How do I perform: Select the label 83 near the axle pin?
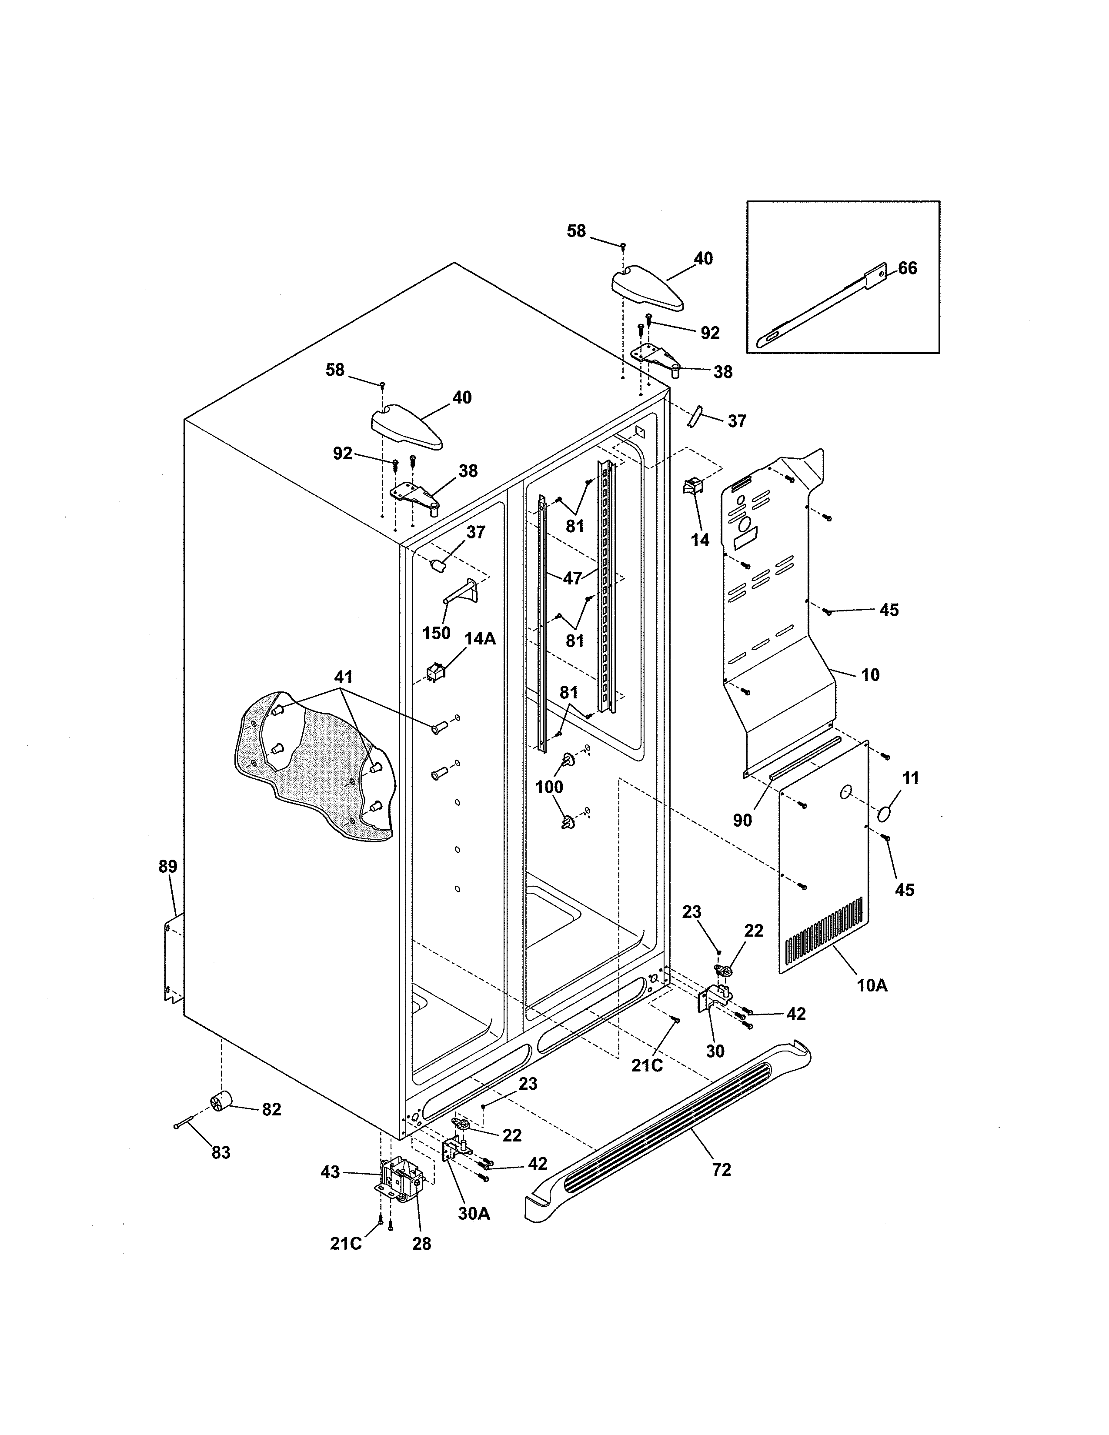(x=221, y=1152)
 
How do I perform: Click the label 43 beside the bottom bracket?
(x=330, y=1172)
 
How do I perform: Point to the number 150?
(x=436, y=633)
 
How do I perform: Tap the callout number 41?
(x=343, y=677)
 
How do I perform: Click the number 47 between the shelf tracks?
(x=572, y=578)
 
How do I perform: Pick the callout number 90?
(x=742, y=820)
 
